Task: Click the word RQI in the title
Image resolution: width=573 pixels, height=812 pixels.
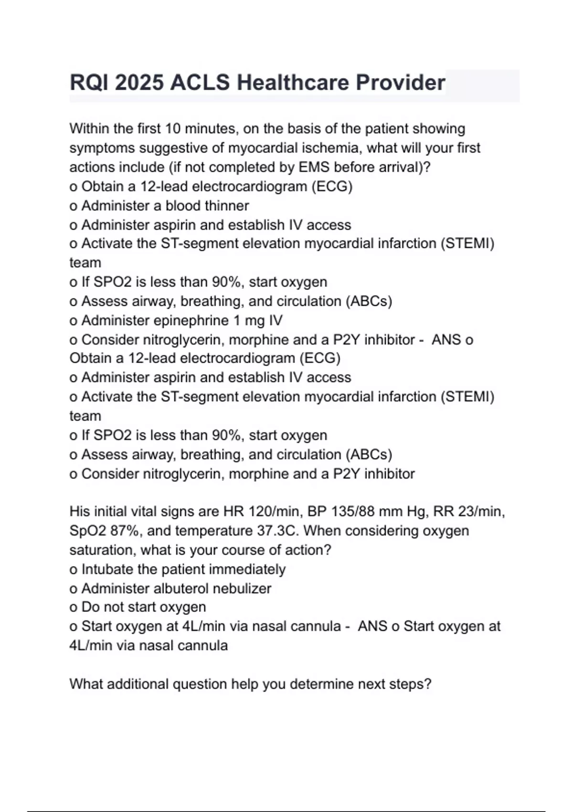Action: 89,83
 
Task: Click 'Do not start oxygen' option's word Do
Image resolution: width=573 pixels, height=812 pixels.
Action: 90,607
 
